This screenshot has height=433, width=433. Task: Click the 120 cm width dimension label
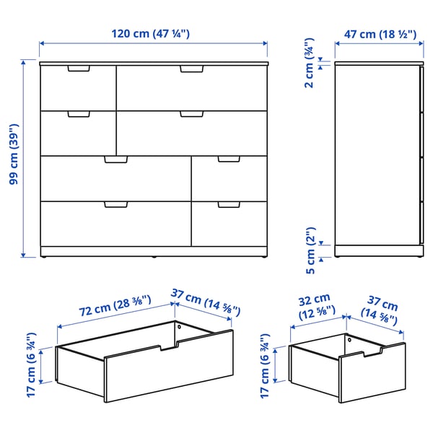150,33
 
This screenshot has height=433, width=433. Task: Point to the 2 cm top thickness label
309,64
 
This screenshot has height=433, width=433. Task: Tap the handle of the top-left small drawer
78,69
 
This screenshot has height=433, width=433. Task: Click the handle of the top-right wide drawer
192,69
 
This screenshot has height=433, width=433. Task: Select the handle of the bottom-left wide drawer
115,206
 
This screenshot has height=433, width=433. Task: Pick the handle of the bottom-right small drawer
229,206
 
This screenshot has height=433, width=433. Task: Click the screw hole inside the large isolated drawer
180,327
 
